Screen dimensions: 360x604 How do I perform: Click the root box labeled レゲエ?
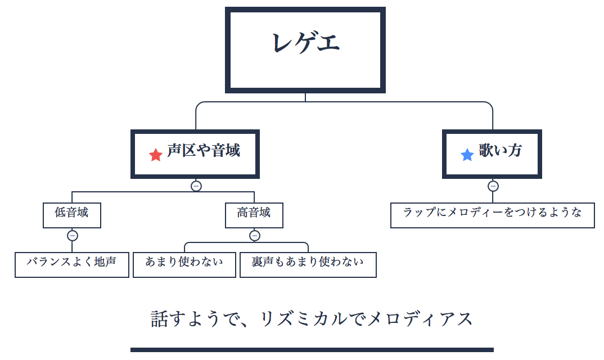tap(305, 49)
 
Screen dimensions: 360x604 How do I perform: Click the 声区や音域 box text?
tap(204, 151)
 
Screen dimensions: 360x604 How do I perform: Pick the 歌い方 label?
tap(501, 150)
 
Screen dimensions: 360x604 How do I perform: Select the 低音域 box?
tap(72, 215)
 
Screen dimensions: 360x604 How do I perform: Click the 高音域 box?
tap(254, 215)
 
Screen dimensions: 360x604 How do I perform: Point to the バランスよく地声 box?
tap(72, 264)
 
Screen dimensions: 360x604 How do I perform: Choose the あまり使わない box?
tap(184, 264)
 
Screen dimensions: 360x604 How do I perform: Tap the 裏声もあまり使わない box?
tap(308, 264)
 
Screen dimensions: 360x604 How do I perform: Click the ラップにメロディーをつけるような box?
tap(492, 215)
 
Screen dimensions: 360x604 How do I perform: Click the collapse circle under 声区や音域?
tap(196, 186)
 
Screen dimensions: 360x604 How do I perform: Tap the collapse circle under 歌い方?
tap(493, 186)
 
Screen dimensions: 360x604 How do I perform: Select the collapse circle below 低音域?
tap(72, 236)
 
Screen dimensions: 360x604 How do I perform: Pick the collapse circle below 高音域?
tap(254, 236)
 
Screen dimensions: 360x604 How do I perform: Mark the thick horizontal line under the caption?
tap(312, 350)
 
